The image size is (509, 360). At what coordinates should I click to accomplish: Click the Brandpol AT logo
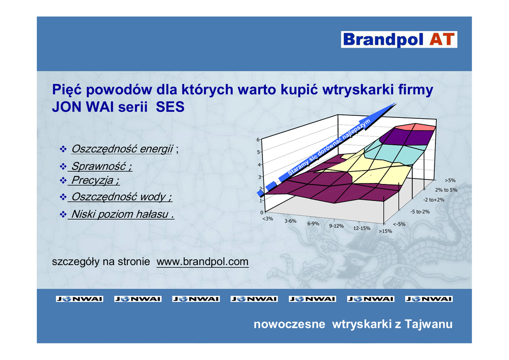click(x=399, y=39)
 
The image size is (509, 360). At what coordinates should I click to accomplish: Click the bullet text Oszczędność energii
click(x=122, y=149)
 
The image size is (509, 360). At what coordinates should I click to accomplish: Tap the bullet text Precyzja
click(x=95, y=180)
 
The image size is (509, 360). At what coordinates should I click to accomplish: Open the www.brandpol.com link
click(x=203, y=262)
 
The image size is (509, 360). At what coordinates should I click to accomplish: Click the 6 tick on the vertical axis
click(x=258, y=140)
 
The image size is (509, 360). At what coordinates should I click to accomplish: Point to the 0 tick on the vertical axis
click(x=261, y=213)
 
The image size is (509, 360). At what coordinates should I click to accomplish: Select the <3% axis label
click(x=267, y=219)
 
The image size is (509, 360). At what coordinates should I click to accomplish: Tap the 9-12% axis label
click(x=337, y=226)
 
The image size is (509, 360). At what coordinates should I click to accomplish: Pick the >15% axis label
click(x=385, y=231)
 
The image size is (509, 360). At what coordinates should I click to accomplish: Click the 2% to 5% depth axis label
click(x=446, y=190)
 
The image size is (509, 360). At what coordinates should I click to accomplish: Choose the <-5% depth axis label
click(x=399, y=224)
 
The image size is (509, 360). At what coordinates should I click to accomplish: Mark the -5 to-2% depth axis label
click(x=420, y=212)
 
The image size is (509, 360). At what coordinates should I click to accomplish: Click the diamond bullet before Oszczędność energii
click(x=63, y=149)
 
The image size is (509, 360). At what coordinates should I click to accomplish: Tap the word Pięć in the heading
click(x=67, y=90)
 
